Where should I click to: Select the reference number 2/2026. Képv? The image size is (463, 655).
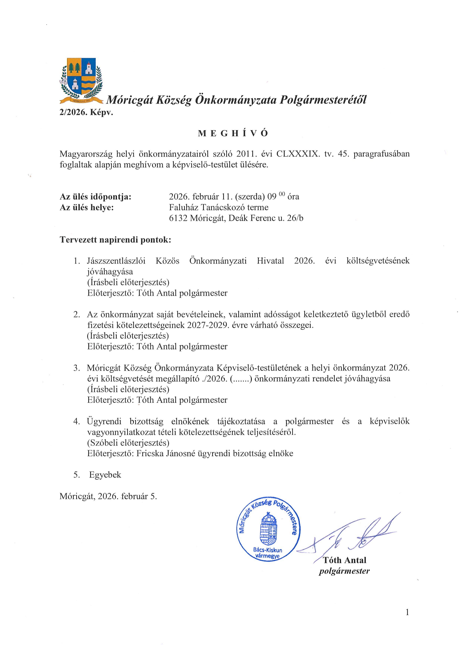(86, 113)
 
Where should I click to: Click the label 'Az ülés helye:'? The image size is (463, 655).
(87, 207)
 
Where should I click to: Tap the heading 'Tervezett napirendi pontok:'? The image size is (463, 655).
(115, 240)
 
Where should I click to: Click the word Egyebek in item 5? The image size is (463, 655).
(105, 475)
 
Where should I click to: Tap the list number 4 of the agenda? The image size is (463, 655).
(76, 422)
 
